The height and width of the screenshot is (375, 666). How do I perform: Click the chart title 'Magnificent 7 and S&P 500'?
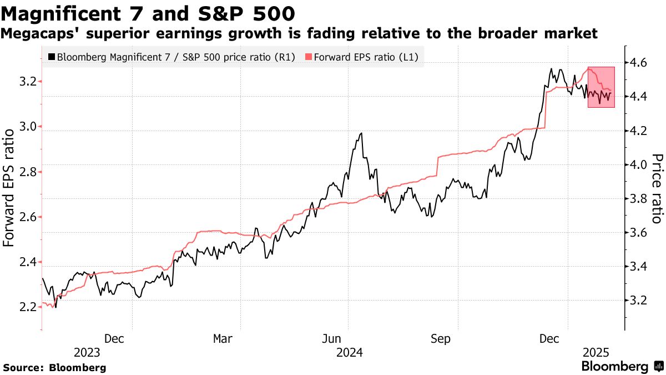click(x=148, y=12)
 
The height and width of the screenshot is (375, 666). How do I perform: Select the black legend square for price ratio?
click(x=52, y=57)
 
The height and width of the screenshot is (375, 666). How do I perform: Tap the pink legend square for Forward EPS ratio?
click(x=309, y=57)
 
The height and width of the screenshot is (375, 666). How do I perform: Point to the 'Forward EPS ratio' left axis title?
click(x=9, y=188)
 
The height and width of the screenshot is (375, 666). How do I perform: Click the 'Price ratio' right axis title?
click(x=657, y=188)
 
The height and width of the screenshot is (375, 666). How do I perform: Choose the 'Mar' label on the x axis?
click(x=223, y=338)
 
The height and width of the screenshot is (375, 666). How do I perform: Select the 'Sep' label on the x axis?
click(x=441, y=338)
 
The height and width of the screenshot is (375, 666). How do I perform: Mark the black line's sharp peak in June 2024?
click(x=361, y=133)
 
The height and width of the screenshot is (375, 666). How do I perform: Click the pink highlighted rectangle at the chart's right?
click(x=601, y=87)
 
